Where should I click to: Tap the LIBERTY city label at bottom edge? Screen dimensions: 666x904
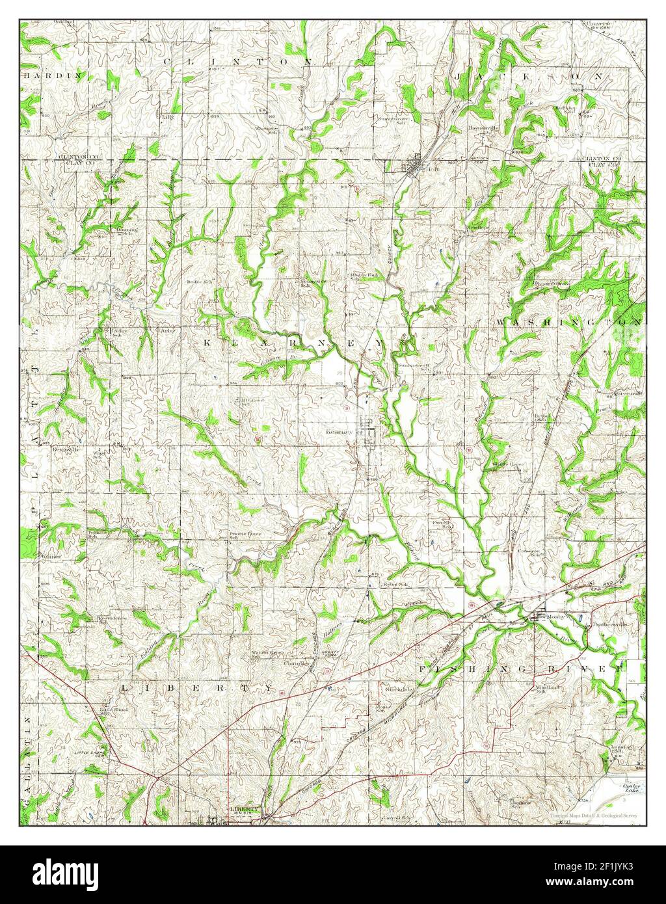pyautogui.click(x=245, y=809)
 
